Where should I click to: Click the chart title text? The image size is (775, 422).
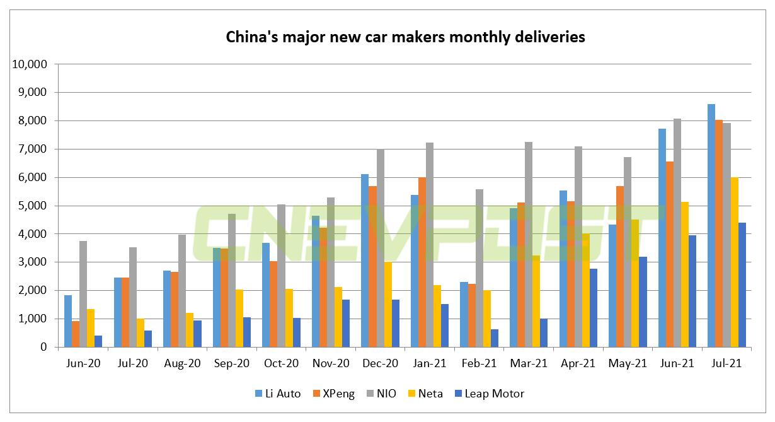405,37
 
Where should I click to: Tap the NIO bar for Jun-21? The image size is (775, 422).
677,233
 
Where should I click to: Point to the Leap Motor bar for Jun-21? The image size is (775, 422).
692,291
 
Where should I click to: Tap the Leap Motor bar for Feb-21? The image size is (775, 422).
494,338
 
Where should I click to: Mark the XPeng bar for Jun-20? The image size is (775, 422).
76,334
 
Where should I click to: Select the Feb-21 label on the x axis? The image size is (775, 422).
479,364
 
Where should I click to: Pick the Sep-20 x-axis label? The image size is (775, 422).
232,364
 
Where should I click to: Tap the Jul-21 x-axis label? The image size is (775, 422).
726,364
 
